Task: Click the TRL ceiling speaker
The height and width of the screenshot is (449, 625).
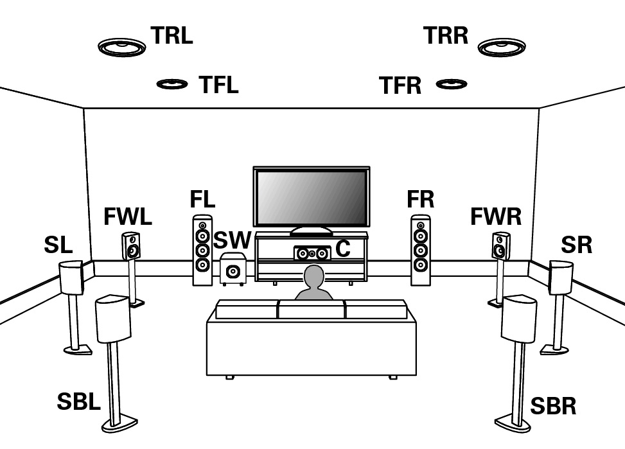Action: pos(122,47)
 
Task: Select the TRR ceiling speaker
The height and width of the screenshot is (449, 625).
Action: pos(502,47)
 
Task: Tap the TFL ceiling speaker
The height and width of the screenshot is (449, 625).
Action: pos(172,84)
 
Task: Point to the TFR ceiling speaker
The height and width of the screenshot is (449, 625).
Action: pos(452,84)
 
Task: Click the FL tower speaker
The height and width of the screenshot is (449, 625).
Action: pos(202,250)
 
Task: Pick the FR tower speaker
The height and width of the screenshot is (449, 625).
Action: pos(421,250)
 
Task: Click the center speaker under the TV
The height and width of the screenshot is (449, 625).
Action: pos(312,253)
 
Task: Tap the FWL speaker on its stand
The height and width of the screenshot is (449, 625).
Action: pos(131,245)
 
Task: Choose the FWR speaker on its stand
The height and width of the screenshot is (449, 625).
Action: pos(501,246)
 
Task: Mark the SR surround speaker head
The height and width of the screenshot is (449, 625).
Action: pos(560,277)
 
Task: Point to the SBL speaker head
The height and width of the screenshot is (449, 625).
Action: pos(112,317)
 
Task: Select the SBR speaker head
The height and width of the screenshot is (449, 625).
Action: pos(519,318)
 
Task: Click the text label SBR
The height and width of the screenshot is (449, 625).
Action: pos(553,406)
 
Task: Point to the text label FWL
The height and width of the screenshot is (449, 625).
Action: pos(127,217)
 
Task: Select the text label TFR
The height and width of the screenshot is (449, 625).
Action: pos(400,85)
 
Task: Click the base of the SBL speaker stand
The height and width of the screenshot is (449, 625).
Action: pos(119,423)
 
